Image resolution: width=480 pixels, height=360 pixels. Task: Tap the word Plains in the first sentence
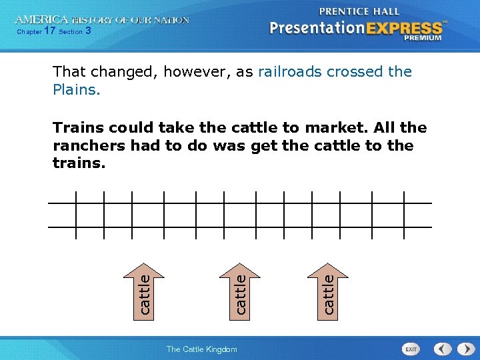76,89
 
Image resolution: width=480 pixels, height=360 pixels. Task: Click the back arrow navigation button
443,349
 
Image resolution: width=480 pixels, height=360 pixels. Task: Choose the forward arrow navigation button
463,349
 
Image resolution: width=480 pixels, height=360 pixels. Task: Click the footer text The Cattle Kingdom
201,349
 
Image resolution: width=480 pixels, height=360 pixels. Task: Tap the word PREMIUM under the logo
422,38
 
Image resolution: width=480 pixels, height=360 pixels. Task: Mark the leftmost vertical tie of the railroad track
75,215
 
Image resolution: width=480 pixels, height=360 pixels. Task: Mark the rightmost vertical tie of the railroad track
404,215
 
